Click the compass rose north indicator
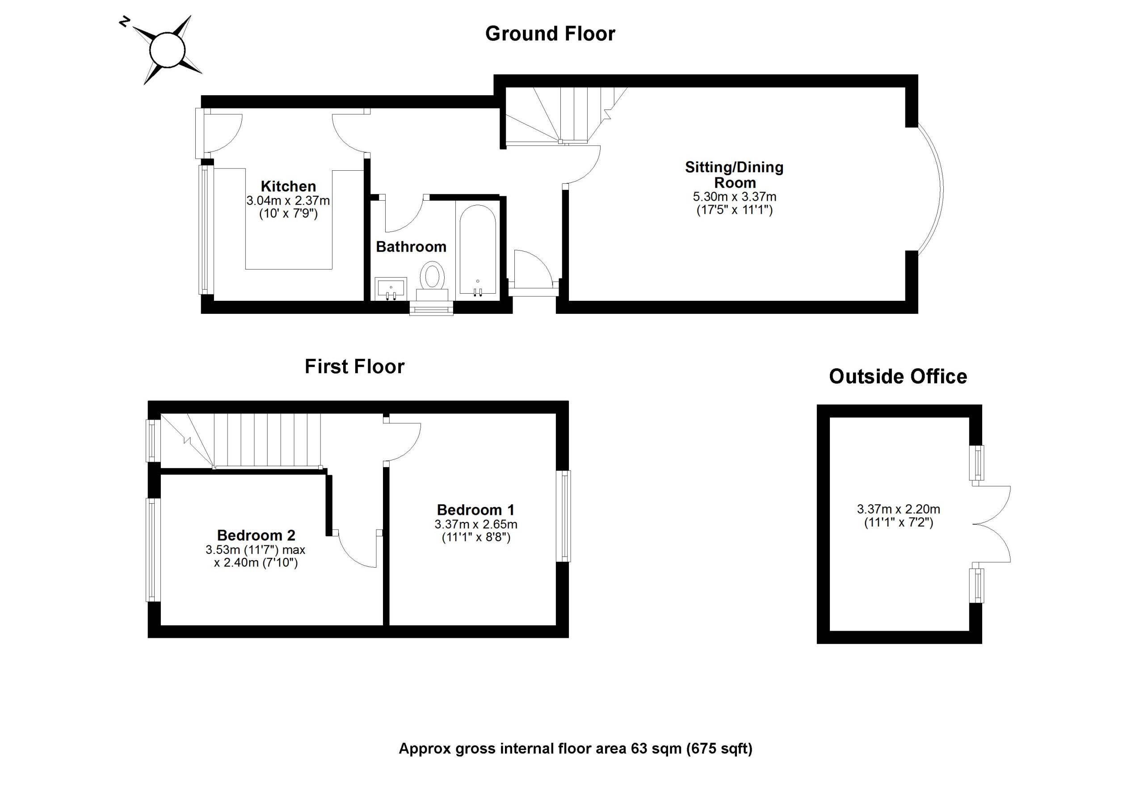pyautogui.click(x=125, y=22)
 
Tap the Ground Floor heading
pyautogui.click(x=550, y=34)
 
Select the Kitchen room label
pyautogui.click(x=288, y=186)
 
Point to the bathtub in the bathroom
pyautogui.click(x=477, y=249)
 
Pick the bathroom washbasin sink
pyautogui.click(x=391, y=288)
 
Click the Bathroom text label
pyautogui.click(x=411, y=247)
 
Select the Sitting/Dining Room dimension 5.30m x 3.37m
pyautogui.click(x=734, y=197)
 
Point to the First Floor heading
pyautogui.click(x=354, y=367)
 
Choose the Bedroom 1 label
pyautogui.click(x=475, y=510)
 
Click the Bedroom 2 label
pyautogui.click(x=256, y=535)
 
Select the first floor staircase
pyautogui.click(x=249, y=441)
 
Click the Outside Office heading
pyautogui.click(x=898, y=377)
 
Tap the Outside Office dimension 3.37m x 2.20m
pyautogui.click(x=898, y=510)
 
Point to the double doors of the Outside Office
pyautogui.click(x=992, y=524)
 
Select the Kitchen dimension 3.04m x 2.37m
pyautogui.click(x=288, y=201)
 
